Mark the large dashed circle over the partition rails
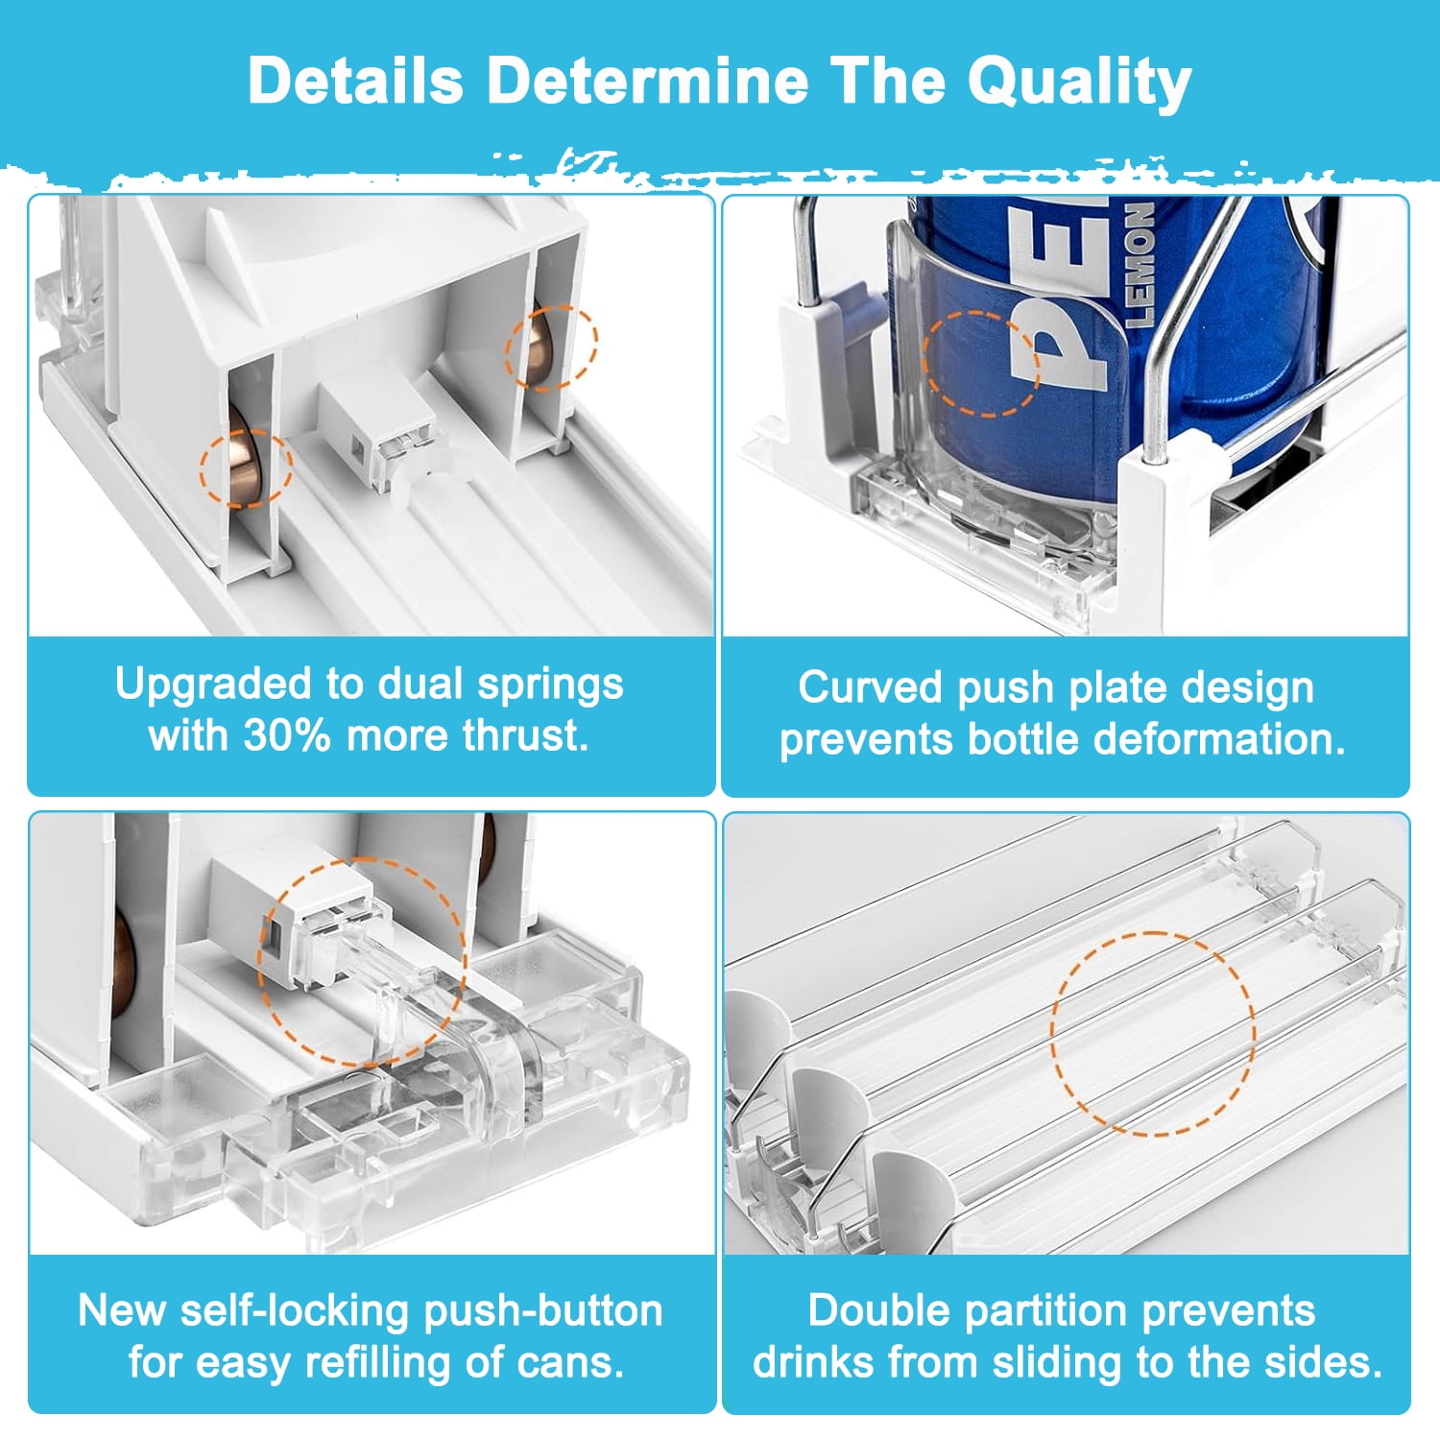1051,1033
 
